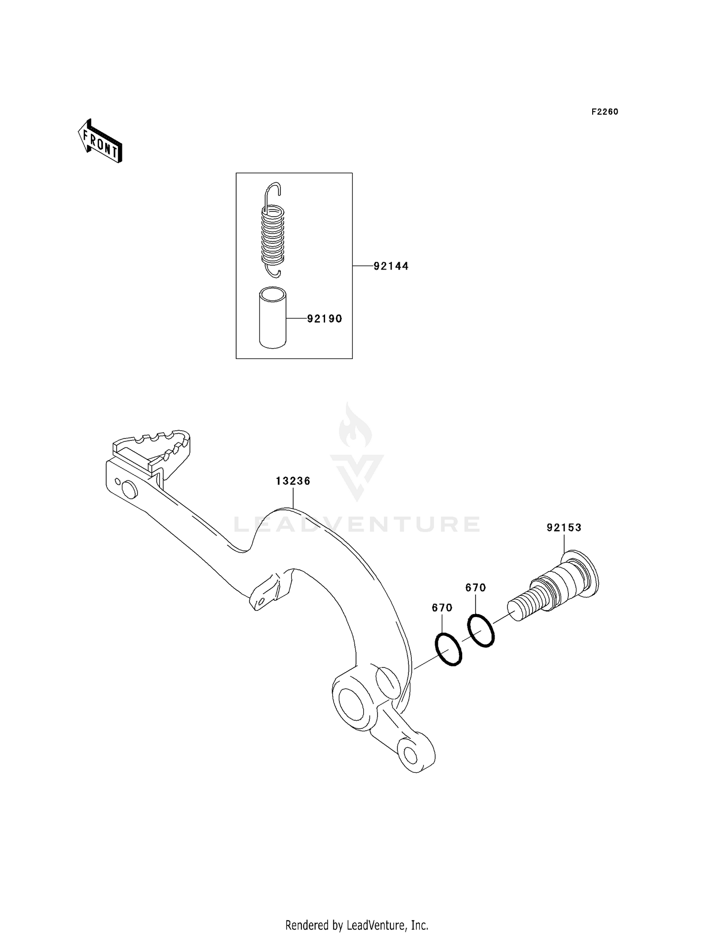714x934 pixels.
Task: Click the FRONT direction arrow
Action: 100,141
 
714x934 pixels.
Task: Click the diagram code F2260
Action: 605,112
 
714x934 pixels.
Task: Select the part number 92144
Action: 391,266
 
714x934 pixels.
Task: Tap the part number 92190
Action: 325,319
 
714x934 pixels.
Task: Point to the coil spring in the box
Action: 273,233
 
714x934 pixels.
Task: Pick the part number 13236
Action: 293,481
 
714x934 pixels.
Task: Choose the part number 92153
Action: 564,527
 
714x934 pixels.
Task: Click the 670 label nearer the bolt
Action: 476,588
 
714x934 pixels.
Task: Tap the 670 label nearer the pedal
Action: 442,608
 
